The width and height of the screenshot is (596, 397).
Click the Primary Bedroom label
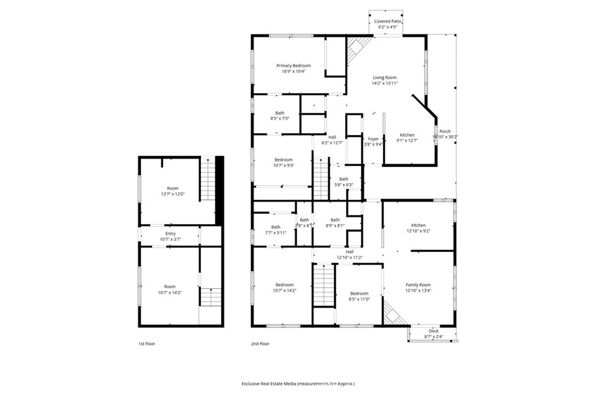coord(293,66)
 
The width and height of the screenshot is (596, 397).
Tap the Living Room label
coord(385,77)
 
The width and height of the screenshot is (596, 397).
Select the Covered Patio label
coord(388,21)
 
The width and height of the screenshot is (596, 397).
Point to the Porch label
coord(445,132)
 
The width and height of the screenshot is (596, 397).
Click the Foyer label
coord(373,139)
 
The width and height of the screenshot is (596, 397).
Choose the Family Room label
coord(418,285)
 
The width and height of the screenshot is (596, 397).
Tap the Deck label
coord(434,331)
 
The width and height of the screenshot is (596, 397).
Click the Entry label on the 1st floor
coord(170,233)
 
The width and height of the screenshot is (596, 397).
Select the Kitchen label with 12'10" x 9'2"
coord(418,225)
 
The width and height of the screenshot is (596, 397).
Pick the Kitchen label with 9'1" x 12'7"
coord(407,135)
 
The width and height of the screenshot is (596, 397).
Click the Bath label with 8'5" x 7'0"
coord(280,113)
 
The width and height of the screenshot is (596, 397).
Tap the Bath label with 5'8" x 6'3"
coord(344,179)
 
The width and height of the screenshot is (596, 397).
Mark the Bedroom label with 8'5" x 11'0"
coord(359,293)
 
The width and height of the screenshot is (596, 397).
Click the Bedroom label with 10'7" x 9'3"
coord(283,159)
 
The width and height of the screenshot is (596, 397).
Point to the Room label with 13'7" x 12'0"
coord(173,188)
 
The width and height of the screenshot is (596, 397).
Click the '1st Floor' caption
coord(147,343)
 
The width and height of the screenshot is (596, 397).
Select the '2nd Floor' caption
coord(260,343)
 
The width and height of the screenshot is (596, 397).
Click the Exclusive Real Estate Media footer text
coord(298,384)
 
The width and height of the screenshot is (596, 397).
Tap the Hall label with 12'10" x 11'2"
coord(350,251)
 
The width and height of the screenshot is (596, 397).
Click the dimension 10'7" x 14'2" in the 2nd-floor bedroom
coord(284,290)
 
